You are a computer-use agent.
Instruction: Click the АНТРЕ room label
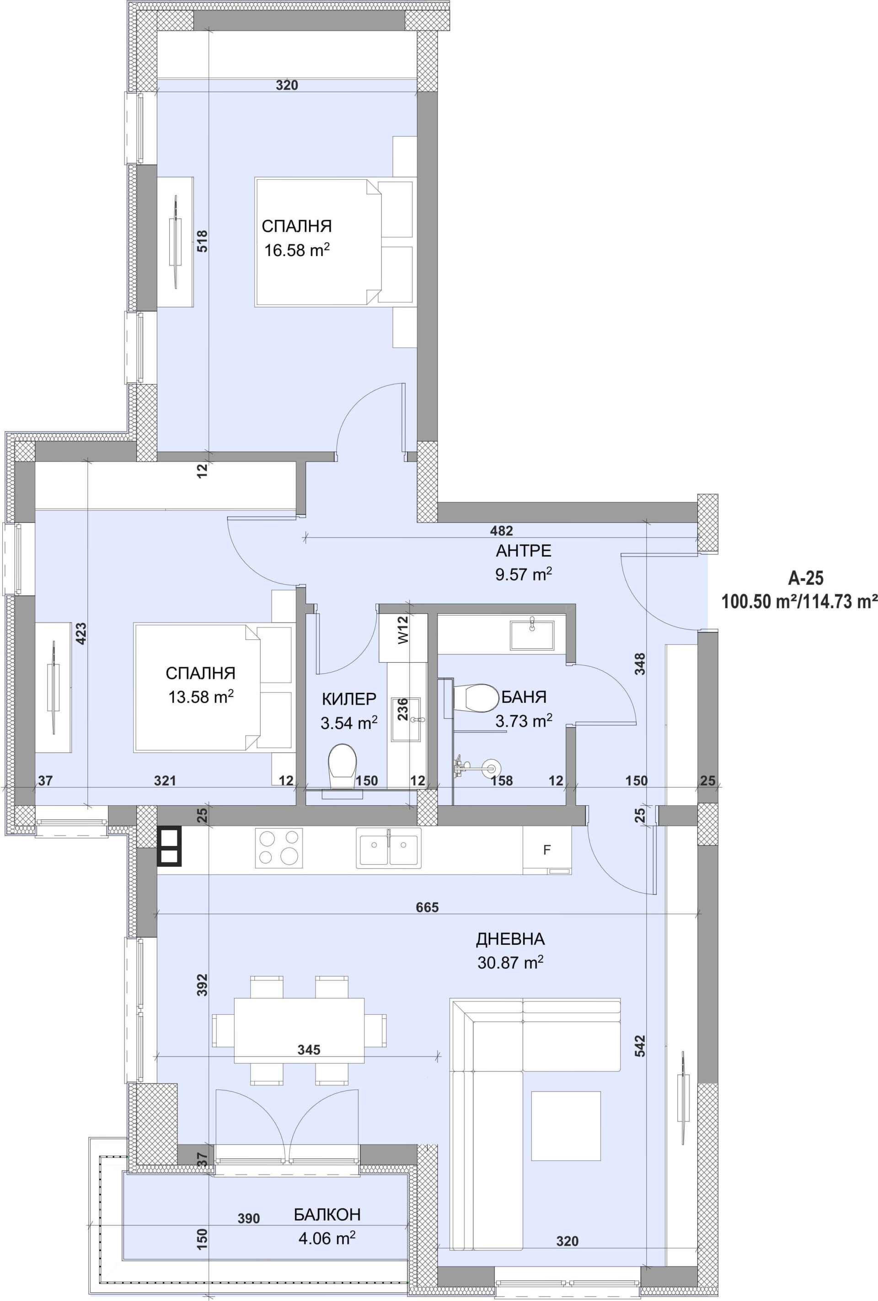click(x=523, y=551)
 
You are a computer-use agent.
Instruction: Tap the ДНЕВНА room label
click(x=510, y=939)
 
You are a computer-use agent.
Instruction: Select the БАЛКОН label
click(x=327, y=1215)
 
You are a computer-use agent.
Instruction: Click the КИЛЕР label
click(x=349, y=699)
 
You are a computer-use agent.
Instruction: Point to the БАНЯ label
click(x=524, y=697)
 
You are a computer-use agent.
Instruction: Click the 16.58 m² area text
click(x=297, y=250)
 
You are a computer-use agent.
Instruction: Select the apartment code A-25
click(x=806, y=578)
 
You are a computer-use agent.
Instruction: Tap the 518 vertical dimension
click(x=202, y=241)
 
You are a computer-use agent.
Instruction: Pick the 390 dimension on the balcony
click(x=249, y=1218)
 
